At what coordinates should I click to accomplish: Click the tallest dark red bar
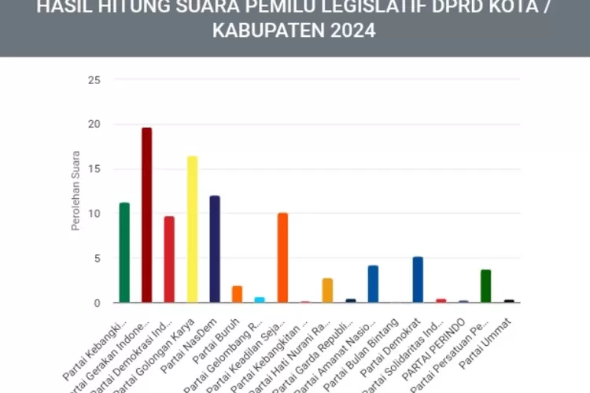[146, 215]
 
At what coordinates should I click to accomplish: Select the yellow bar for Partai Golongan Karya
[192, 229]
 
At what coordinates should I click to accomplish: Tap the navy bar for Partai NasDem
[215, 248]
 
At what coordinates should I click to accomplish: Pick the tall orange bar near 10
[282, 257]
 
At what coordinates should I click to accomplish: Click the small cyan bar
[260, 299]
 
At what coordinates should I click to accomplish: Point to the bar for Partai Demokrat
[418, 280]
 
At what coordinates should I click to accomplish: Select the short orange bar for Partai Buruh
[237, 294]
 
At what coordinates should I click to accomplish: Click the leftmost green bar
[124, 252]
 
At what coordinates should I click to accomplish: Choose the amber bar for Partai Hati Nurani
[327, 290]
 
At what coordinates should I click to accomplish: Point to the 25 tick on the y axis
[94, 80]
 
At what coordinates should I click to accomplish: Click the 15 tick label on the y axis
[94, 169]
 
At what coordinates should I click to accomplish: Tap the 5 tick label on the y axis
[97, 258]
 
